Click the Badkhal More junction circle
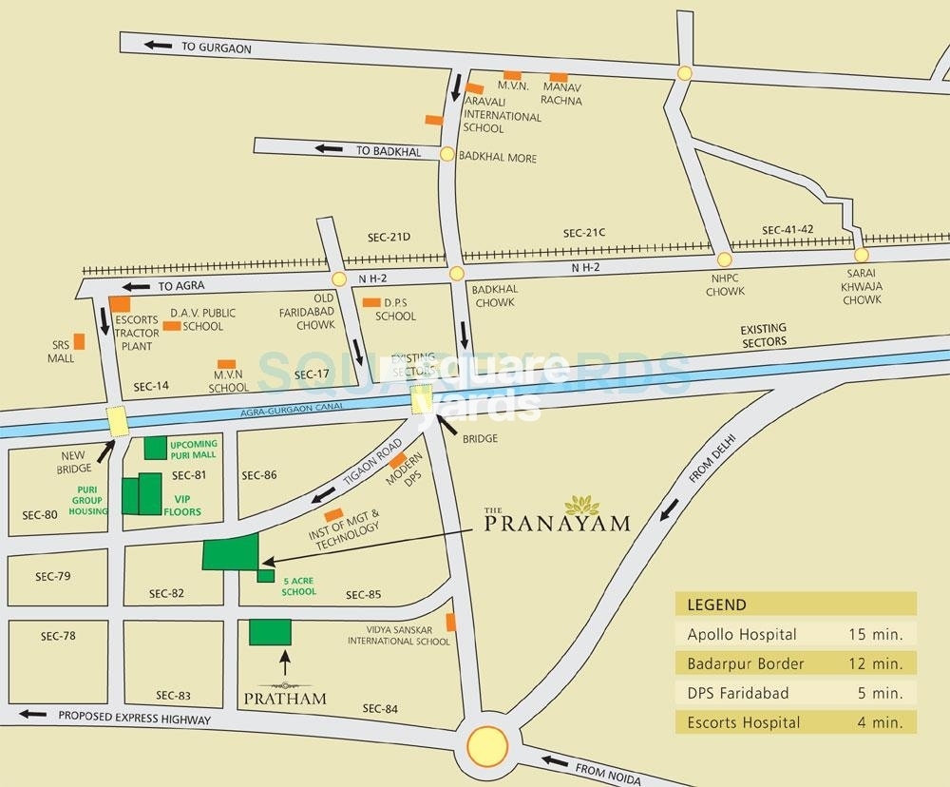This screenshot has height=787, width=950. [x=447, y=153]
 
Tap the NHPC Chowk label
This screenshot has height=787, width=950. [x=725, y=285]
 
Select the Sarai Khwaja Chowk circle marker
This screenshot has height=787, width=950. [x=862, y=255]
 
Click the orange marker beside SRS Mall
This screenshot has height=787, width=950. [x=80, y=339]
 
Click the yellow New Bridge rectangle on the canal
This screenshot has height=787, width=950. [x=117, y=420]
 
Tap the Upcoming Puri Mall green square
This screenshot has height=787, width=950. [x=155, y=449]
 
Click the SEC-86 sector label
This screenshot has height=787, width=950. [x=258, y=474]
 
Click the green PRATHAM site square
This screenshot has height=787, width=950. [x=270, y=632]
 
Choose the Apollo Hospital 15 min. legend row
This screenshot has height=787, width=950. [x=795, y=634]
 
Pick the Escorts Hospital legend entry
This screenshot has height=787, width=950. [x=795, y=722]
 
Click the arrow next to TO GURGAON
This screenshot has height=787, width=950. [x=159, y=45]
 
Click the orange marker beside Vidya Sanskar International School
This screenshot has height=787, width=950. [x=451, y=622]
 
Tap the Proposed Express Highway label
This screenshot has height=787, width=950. [x=134, y=718]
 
